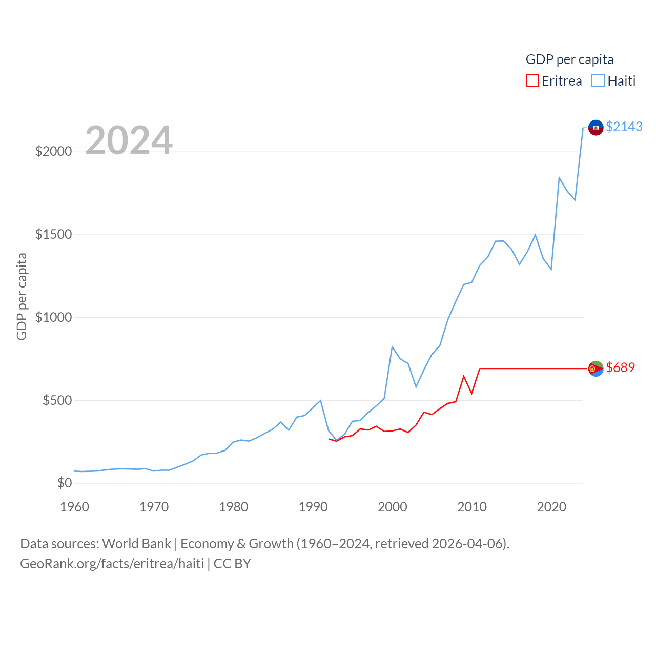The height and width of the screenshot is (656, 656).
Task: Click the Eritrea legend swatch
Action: tap(532, 81)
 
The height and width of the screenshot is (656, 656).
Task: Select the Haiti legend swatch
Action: tap(598, 81)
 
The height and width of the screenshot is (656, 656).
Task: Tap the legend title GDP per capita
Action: tap(569, 59)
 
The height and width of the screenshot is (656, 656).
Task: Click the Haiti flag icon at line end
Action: tap(596, 127)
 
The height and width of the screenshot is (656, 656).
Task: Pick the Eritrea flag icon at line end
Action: tap(596, 368)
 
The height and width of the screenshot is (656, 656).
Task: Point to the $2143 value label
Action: tap(624, 127)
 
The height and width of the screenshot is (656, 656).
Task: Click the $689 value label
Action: tap(620, 367)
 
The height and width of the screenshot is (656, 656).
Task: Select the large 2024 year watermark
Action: tap(129, 140)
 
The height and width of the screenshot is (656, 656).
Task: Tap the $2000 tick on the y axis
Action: tap(53, 152)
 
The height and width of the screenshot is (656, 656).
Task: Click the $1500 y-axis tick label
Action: tap(53, 235)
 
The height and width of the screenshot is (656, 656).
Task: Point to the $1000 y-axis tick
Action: tap(53, 317)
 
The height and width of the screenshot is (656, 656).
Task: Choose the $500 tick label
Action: tap(57, 400)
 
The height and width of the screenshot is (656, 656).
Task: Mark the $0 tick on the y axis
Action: tap(64, 483)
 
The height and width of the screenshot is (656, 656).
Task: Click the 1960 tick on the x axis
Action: tap(75, 507)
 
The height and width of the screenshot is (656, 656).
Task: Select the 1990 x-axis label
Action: tap(313, 507)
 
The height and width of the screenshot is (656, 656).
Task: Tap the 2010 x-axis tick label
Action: tap(472, 507)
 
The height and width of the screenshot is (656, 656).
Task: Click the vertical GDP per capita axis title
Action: tap(22, 296)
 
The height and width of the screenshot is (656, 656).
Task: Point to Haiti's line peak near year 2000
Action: tap(392, 347)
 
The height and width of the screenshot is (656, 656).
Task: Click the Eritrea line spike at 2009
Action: tap(464, 377)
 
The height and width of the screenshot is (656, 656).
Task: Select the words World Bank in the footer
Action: tap(136, 544)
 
